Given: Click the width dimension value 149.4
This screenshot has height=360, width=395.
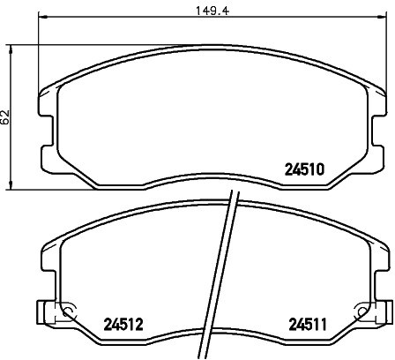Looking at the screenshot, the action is click(x=212, y=11).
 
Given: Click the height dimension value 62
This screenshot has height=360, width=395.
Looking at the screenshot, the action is click(x=5, y=117).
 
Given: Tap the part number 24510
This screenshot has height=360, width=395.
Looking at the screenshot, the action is click(x=305, y=169).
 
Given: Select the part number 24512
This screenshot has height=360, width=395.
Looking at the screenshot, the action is click(x=123, y=325).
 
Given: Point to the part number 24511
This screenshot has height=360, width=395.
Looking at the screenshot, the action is click(x=308, y=325).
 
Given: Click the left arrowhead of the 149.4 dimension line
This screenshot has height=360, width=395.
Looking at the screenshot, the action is click(x=43, y=16).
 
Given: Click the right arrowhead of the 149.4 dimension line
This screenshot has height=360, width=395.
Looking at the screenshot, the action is click(x=381, y=16).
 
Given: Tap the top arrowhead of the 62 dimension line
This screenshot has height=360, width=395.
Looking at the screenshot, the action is click(x=11, y=49).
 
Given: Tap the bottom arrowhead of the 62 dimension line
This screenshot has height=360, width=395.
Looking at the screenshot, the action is click(x=11, y=185).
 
